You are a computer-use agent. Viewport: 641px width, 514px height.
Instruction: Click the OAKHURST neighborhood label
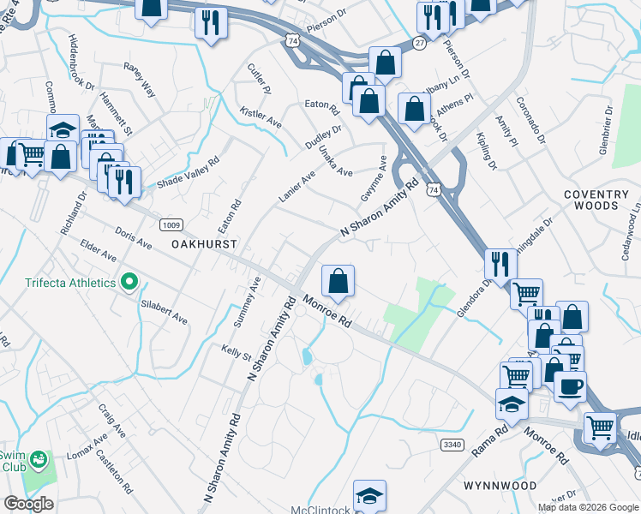pos(204,244)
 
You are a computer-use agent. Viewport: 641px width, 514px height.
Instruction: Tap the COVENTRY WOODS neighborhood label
pos(602,200)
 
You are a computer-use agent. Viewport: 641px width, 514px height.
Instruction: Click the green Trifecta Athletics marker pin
pos(129,282)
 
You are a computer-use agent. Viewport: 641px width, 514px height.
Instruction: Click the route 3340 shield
pos(453,445)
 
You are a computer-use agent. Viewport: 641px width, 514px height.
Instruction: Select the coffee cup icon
pos(570,385)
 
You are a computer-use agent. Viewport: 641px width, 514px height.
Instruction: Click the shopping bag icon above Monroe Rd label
pos(338,280)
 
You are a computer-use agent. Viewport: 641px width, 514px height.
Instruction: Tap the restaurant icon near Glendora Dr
pos(500,264)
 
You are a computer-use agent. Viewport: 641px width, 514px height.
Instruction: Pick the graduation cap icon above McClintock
pos(369,495)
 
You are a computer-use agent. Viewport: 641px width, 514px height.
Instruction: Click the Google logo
pos(28,504)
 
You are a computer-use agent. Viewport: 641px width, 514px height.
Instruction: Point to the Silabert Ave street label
pos(164,311)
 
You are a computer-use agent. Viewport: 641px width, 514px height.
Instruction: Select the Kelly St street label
pos(236,353)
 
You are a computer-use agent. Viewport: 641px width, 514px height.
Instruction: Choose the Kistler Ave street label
pos(261,118)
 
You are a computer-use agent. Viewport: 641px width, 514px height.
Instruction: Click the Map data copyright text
pos(589,507)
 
